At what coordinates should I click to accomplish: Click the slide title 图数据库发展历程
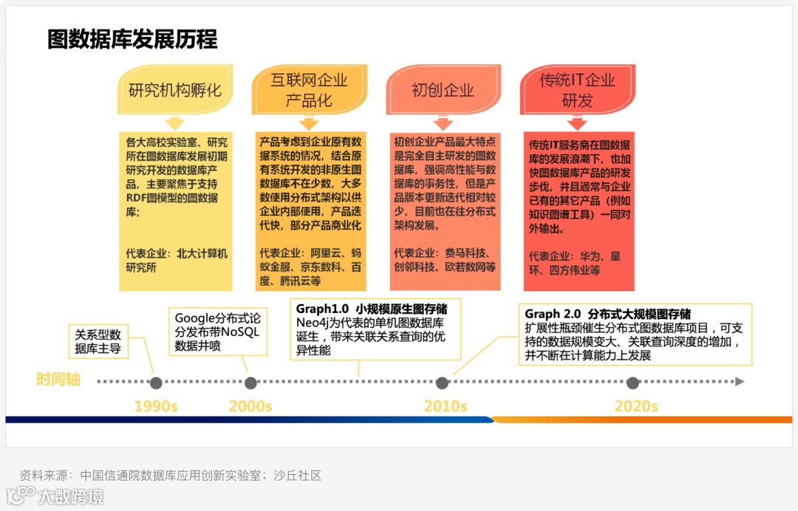click(x=132, y=39)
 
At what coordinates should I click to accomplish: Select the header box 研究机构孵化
click(x=175, y=91)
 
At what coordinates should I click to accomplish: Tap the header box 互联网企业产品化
click(x=309, y=89)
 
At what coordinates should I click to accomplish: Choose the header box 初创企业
click(x=443, y=91)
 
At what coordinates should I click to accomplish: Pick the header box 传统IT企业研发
click(x=577, y=89)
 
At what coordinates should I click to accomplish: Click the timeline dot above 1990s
click(x=156, y=383)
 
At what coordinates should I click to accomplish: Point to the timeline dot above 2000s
click(x=250, y=383)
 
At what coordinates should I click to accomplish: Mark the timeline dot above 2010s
click(x=442, y=383)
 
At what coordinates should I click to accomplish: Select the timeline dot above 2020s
click(x=632, y=383)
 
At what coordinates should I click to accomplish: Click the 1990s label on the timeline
click(x=156, y=406)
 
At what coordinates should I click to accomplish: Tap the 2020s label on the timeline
click(x=635, y=406)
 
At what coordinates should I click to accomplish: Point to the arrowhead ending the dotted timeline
click(x=740, y=382)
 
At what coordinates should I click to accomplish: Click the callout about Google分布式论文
click(x=217, y=332)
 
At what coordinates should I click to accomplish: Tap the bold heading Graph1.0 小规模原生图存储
click(x=372, y=309)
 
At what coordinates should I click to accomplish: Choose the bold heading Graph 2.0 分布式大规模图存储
click(x=607, y=314)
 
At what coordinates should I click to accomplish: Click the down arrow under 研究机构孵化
click(x=174, y=123)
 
